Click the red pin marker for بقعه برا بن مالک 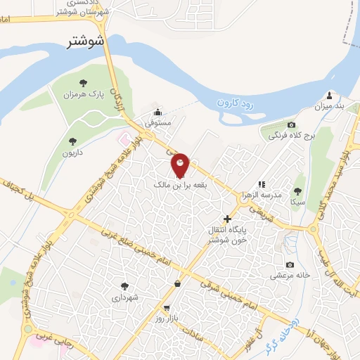[x=180, y=165]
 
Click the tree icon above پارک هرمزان [x=84, y=84]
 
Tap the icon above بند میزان [x=329, y=96]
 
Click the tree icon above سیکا [x=298, y=191]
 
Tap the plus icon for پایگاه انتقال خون [x=226, y=219]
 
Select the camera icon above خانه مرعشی [x=290, y=265]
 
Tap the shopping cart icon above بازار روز [x=167, y=308]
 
